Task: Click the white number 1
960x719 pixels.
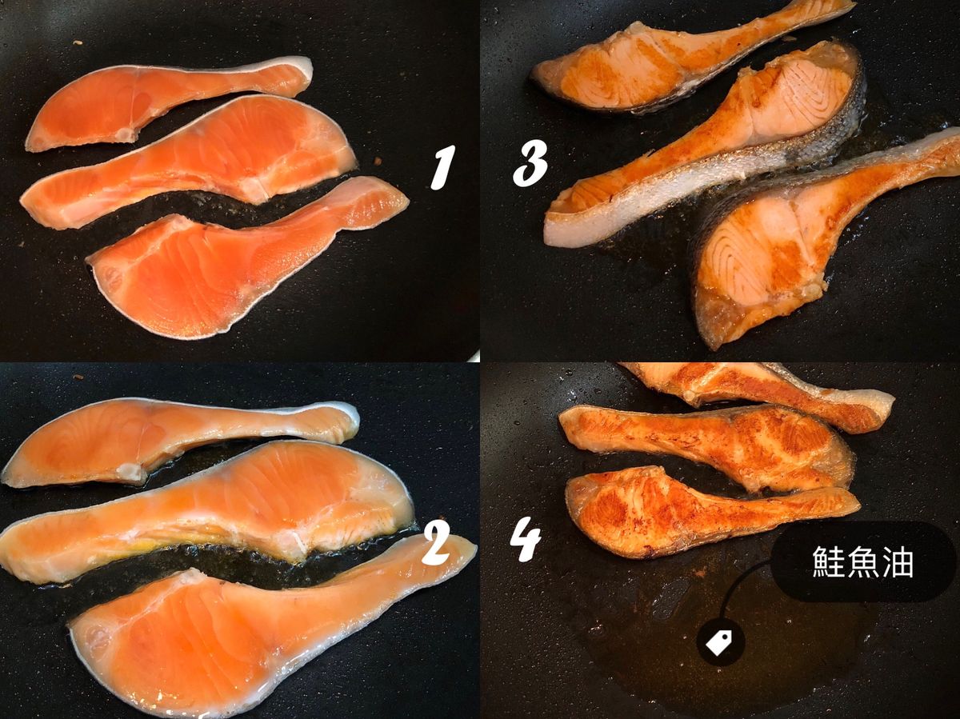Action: pos(442,168)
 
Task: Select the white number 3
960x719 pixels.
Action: pos(530,162)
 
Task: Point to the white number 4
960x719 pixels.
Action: pos(526,538)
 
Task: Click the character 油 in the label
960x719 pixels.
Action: pos(897,562)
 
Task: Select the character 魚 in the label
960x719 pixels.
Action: pos(863,562)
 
